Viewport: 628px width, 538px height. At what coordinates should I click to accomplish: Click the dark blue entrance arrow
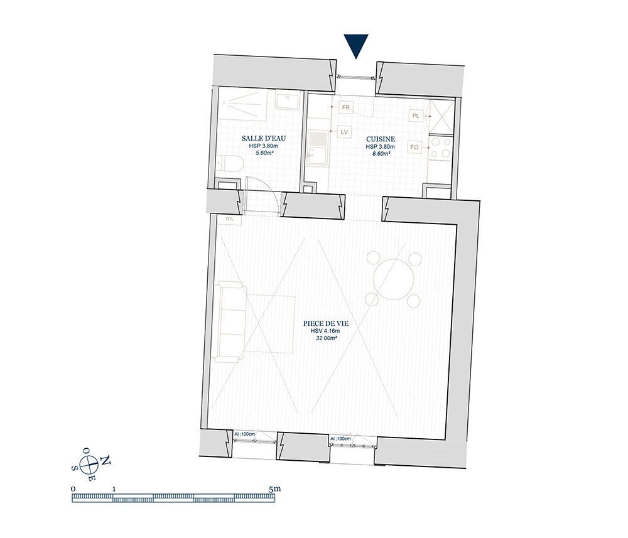[x=356, y=46]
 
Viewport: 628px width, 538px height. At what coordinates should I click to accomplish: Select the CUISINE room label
[x=381, y=139]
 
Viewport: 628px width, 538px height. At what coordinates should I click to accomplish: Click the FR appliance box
[x=345, y=107]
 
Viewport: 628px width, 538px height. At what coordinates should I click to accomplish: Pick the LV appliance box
[x=344, y=132]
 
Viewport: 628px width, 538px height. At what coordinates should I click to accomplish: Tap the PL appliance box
[x=416, y=116]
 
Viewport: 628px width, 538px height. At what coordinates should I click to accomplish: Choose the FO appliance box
[x=414, y=147]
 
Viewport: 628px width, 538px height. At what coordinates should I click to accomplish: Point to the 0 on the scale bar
[x=73, y=488]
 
